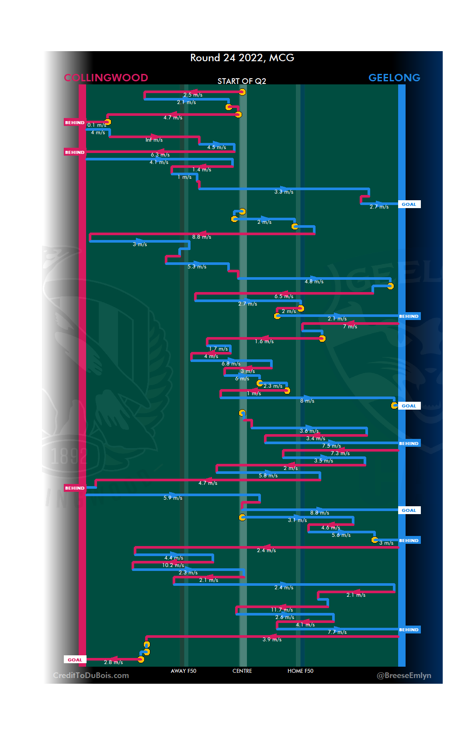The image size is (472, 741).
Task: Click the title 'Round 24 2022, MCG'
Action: click(x=242, y=58)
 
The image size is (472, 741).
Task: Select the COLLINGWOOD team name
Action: click(x=106, y=78)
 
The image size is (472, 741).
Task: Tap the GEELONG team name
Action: click(x=394, y=78)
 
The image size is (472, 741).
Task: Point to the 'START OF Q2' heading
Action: click(x=242, y=81)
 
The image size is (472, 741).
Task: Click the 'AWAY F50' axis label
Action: click(x=184, y=671)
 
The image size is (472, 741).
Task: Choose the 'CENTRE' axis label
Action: click(x=242, y=671)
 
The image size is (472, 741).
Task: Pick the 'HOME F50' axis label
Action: click(x=300, y=671)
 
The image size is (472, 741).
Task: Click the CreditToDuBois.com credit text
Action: click(x=91, y=675)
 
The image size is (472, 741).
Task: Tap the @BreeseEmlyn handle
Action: click(x=404, y=675)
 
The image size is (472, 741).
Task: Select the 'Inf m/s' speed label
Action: click(x=154, y=140)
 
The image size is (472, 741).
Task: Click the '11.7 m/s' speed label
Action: click(x=282, y=610)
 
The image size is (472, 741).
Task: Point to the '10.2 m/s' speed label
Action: click(x=173, y=565)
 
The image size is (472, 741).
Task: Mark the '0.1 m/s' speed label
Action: click(x=97, y=125)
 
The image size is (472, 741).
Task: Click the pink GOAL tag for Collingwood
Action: click(x=75, y=660)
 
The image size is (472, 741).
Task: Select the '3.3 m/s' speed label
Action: click(x=284, y=192)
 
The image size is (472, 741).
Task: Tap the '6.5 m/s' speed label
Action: click(x=284, y=296)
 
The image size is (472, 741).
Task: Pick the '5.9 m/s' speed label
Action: click(x=173, y=498)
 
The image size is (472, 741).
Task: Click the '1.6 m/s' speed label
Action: click(x=264, y=341)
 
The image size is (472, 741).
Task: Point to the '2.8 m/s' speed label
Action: click(x=113, y=662)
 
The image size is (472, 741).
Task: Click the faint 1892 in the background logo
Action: click(x=69, y=456)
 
